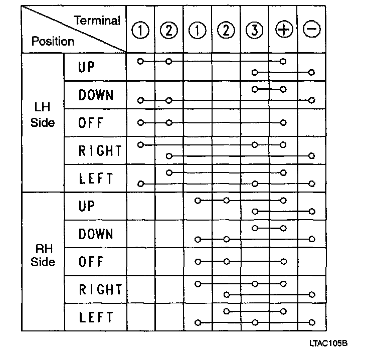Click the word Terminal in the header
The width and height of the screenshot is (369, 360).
click(97, 21)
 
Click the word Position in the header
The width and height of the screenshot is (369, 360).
click(53, 41)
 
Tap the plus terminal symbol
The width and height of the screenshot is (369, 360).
click(284, 31)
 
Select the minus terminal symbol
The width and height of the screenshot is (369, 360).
click(311, 31)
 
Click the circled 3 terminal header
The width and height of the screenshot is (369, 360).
click(255, 31)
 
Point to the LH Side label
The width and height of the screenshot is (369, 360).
click(43, 115)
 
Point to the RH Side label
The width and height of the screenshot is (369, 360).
click(43, 255)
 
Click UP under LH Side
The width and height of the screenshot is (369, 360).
click(87, 67)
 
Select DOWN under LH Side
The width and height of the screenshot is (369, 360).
click(96, 95)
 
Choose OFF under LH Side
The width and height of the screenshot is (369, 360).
click(90, 123)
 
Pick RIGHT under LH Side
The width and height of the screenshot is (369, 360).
click(100, 150)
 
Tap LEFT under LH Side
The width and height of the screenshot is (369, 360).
click(96, 178)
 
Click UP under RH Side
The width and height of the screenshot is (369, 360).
click(87, 206)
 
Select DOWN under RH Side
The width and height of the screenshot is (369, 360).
click(96, 234)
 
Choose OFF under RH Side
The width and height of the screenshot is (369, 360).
click(90, 262)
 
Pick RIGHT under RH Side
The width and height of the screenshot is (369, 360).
click(100, 289)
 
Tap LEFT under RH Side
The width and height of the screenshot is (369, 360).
click(96, 317)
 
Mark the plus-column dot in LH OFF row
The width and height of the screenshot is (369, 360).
click(283, 122)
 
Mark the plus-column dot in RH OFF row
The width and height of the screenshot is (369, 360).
click(283, 261)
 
